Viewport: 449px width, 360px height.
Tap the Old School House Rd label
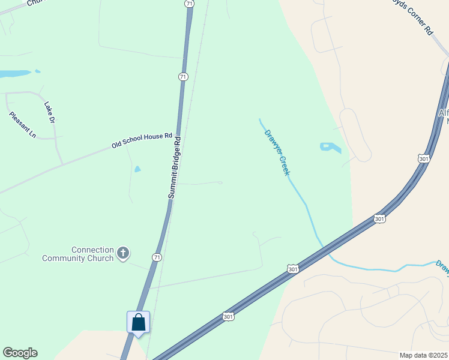(x=142, y=141)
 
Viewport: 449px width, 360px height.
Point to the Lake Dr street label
(x=49, y=112)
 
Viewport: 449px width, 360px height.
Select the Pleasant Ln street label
(x=22, y=125)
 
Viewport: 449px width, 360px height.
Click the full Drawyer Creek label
(x=277, y=152)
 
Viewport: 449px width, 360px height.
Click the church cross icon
(x=122, y=253)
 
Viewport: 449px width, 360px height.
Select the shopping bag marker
(x=139, y=322)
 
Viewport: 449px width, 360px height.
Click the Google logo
(x=20, y=353)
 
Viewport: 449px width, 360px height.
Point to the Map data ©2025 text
(x=423, y=355)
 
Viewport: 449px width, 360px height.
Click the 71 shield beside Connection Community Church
(x=157, y=257)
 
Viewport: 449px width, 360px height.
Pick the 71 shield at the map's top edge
(x=190, y=4)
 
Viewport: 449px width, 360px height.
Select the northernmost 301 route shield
(x=424, y=158)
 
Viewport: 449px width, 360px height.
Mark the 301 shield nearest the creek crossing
(x=292, y=269)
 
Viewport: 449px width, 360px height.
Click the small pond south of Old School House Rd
(x=137, y=169)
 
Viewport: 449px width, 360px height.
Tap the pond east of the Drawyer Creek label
(x=330, y=147)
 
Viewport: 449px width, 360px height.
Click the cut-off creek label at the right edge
(x=443, y=268)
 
